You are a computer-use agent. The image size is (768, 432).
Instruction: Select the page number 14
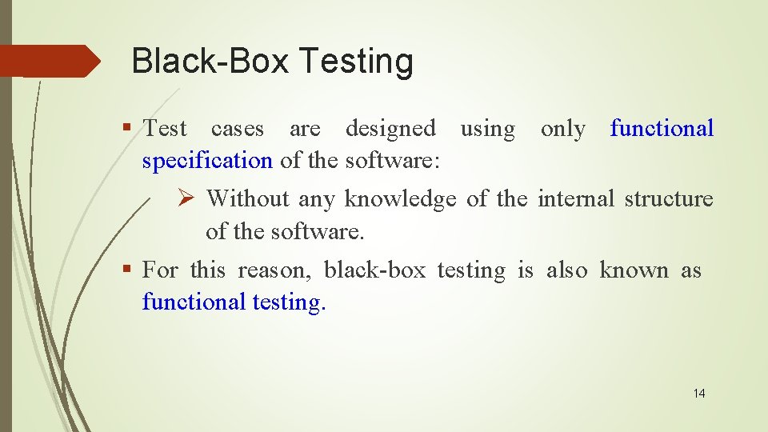click(x=699, y=393)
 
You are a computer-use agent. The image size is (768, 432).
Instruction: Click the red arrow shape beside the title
click(x=50, y=61)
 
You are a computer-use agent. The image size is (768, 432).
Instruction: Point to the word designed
click(x=390, y=128)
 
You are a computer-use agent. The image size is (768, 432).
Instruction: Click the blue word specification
click(x=207, y=160)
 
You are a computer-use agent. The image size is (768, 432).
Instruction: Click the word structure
click(x=668, y=198)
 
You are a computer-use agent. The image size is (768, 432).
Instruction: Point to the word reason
click(x=272, y=270)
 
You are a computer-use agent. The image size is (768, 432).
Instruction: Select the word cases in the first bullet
click(x=238, y=128)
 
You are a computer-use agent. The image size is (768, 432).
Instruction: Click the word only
click(x=563, y=128)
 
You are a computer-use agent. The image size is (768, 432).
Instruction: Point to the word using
click(x=488, y=128)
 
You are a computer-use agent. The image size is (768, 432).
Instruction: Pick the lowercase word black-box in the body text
click(x=374, y=270)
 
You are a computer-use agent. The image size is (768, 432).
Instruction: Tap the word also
click(x=566, y=270)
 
